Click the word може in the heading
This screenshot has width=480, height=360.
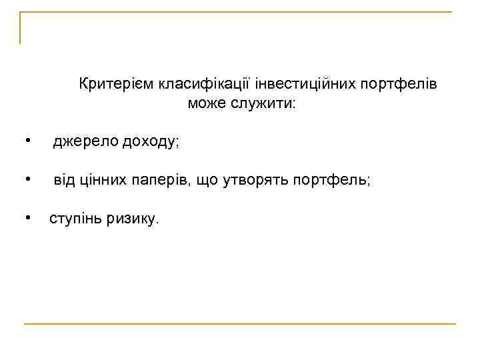click(207, 103)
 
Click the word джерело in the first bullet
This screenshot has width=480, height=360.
click(82, 141)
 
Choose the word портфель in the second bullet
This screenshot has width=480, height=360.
click(331, 181)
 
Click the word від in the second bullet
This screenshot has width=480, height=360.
click(65, 180)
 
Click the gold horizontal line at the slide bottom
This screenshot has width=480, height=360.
click(240, 324)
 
